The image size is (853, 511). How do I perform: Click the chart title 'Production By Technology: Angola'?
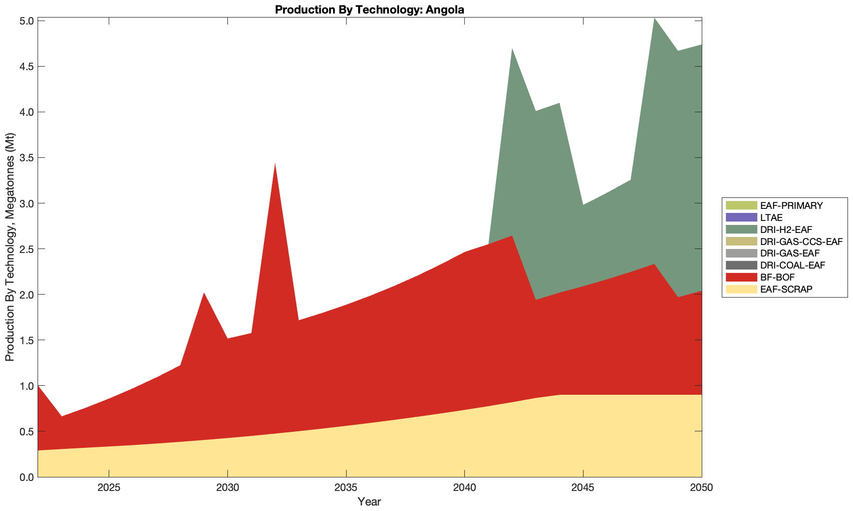pyautogui.click(x=370, y=9)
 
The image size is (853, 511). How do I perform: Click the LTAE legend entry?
pyautogui.click(x=771, y=217)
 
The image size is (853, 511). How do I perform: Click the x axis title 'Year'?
pyautogui.click(x=370, y=501)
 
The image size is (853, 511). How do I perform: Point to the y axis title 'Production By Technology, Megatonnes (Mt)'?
pyautogui.click(x=10, y=247)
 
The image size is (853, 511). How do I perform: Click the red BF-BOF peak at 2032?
pyautogui.click(x=275, y=165)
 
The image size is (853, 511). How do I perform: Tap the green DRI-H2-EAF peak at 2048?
pyautogui.click(x=654, y=20)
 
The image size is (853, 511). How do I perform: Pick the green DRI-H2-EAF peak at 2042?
pyautogui.click(x=512, y=51)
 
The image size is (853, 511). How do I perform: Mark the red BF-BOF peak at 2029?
pyautogui.click(x=204, y=295)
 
